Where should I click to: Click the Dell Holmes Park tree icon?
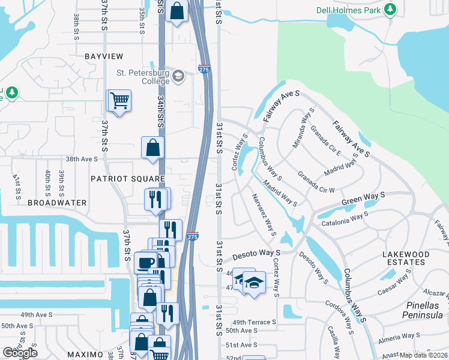391,10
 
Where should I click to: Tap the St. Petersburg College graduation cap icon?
178,76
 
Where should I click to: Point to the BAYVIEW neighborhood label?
104,56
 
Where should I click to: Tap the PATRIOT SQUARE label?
127,179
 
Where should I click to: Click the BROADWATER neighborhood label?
57,203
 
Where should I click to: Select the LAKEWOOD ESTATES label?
406,258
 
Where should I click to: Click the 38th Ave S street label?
82,160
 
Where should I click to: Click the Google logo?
20,353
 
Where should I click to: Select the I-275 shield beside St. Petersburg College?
204,70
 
